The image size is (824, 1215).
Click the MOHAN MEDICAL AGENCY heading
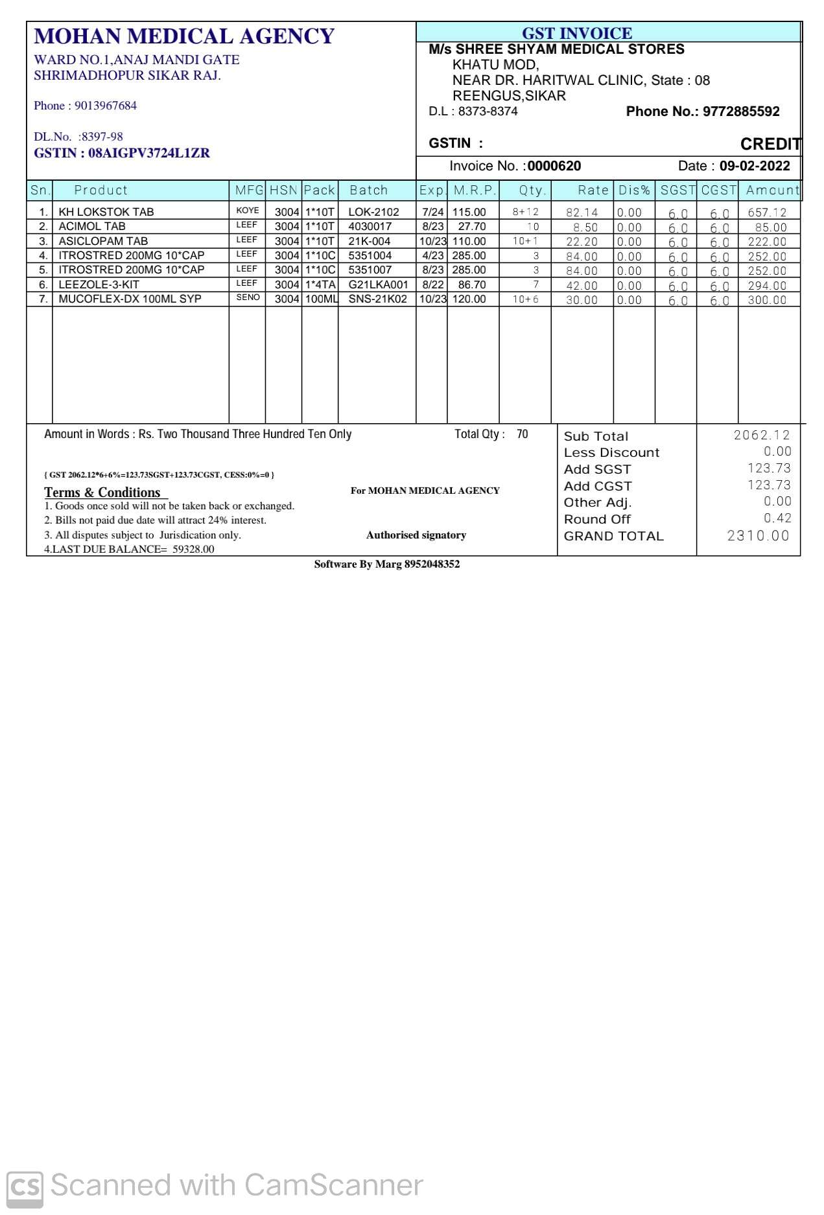pyautogui.click(x=184, y=36)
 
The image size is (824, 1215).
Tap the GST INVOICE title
pyautogui.click(x=576, y=33)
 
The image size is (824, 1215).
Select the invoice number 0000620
pyautogui.click(x=554, y=166)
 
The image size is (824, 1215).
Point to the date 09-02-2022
pyautogui.click(x=755, y=166)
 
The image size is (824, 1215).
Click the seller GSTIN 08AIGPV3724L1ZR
pyautogui.click(x=148, y=154)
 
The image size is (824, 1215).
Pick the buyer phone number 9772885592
pyautogui.click(x=741, y=111)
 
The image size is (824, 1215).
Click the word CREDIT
pyautogui.click(x=770, y=144)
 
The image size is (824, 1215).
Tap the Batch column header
pyautogui.click(x=368, y=190)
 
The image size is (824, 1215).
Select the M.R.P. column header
pyautogui.click(x=475, y=190)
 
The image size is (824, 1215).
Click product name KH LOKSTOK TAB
pyautogui.click(x=106, y=212)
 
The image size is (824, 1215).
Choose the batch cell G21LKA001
pyautogui.click(x=378, y=284)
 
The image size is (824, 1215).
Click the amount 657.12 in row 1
pyautogui.click(x=767, y=213)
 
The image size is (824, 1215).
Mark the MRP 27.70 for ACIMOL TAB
pyautogui.click(x=471, y=226)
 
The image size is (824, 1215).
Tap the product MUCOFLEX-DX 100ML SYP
pyautogui.click(x=130, y=299)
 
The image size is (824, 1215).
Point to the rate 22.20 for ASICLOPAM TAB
pyautogui.click(x=582, y=242)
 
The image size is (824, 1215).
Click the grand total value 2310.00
pyautogui.click(x=759, y=536)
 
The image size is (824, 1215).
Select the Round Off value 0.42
pyautogui.click(x=777, y=518)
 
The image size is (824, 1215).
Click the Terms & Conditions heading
pyautogui.click(x=102, y=492)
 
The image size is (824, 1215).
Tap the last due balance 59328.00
pyautogui.click(x=193, y=550)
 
